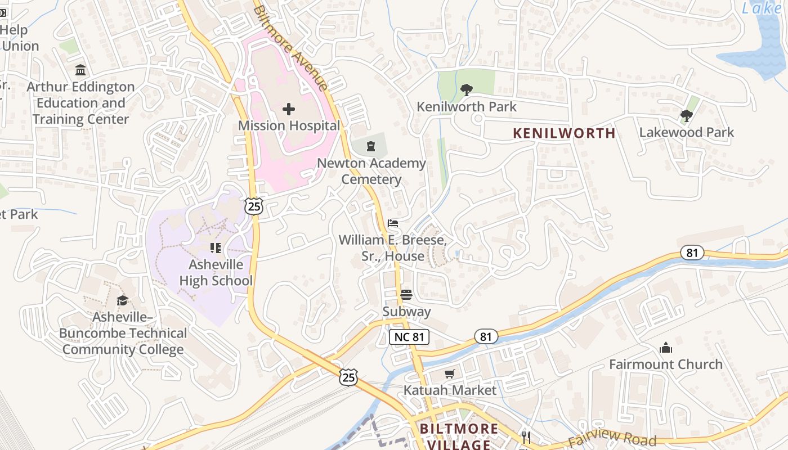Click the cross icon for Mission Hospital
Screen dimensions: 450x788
(289, 109)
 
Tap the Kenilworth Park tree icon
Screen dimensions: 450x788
(466, 89)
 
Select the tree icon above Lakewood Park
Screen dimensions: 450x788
(686, 116)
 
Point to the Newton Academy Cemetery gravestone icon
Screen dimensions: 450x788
(370, 147)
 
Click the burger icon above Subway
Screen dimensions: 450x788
(406, 295)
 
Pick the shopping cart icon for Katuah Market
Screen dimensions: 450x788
(449, 373)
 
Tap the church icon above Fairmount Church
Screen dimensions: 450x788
(666, 348)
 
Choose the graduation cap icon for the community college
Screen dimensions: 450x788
(122, 300)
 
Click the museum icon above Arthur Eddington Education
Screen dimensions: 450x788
(80, 70)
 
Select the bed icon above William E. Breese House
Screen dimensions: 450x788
(393, 224)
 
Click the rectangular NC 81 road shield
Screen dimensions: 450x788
(409, 337)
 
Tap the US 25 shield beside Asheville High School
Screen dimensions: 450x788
(254, 206)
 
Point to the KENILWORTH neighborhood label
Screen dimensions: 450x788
(564, 133)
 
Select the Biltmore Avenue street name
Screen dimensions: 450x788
(290, 48)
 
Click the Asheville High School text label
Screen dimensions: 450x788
(216, 273)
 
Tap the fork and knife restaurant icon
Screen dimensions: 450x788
(526, 437)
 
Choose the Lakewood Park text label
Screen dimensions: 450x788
(686, 133)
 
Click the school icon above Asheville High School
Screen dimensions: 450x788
(215, 247)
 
